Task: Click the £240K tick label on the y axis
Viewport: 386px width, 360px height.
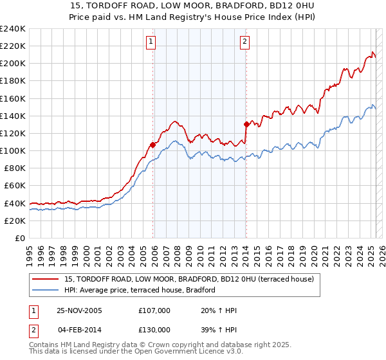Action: [13, 29]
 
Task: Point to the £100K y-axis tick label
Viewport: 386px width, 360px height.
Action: [13, 150]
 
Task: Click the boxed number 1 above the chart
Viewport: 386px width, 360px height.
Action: [151, 42]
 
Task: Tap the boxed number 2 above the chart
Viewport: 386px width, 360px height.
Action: [245, 42]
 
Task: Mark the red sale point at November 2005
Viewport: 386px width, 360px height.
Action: [153, 145]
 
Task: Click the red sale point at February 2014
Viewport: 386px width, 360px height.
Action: [246, 124]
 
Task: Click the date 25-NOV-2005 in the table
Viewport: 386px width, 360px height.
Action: [79, 310]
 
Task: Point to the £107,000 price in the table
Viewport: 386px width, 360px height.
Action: [154, 310]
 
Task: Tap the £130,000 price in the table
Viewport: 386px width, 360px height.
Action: [154, 330]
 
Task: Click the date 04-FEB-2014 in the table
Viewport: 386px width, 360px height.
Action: [79, 330]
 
